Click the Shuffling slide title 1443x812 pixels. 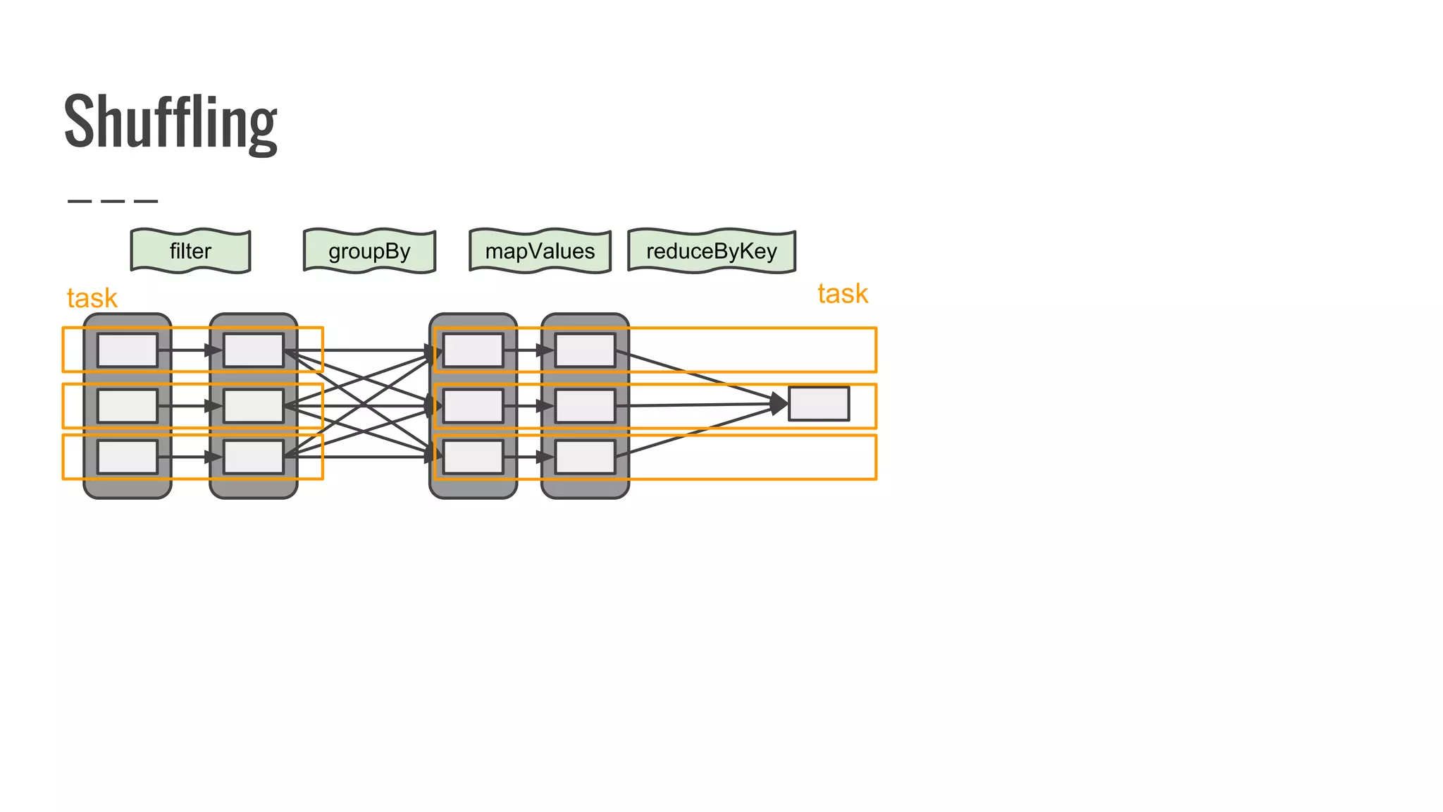[171, 121]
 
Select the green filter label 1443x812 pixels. [190, 251]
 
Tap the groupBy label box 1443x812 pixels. [369, 251]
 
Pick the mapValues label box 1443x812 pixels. [540, 251]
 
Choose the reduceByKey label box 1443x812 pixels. [711, 251]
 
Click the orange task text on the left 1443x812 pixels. [92, 298]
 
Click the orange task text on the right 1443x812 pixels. [842, 294]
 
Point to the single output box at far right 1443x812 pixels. [818, 404]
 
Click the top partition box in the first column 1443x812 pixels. [128, 350]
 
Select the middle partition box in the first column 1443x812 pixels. [128, 406]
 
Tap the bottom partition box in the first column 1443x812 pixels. [128, 457]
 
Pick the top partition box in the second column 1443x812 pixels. [254, 350]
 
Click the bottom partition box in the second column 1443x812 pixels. [254, 457]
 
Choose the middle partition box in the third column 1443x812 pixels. [473, 406]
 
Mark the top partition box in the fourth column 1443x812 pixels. [585, 350]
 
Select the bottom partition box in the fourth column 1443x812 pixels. [585, 457]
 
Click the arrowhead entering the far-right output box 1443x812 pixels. [779, 404]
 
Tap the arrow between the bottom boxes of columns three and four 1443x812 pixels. [528, 457]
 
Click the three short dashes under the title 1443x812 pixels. [113, 201]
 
